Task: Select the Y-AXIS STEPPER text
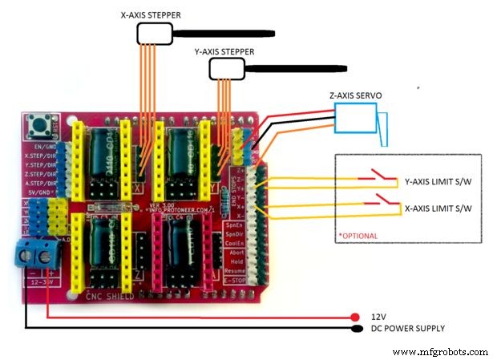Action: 224,51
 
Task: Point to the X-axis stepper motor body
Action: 155,33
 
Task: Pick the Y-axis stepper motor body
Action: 225,69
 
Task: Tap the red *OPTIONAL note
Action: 358,237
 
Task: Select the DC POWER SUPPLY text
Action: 407,328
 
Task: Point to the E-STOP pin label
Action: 234,281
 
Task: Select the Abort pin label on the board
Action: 235,252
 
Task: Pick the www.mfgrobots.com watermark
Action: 441,351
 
